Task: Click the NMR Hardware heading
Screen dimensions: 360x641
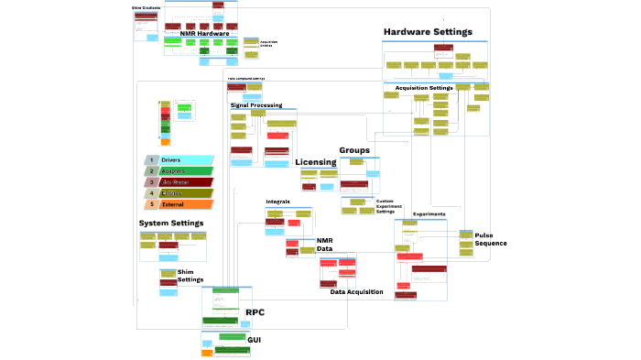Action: (204, 34)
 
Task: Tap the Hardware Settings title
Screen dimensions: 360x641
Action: (428, 32)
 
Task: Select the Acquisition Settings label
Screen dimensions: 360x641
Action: (424, 88)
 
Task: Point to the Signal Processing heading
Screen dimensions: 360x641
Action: (256, 105)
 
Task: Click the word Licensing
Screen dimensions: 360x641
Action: (316, 162)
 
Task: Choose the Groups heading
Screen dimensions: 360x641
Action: (354, 150)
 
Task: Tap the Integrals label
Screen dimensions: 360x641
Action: (277, 202)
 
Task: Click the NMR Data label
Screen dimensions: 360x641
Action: (325, 245)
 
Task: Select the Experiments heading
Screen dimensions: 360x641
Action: (429, 214)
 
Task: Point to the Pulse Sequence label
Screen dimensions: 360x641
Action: (490, 239)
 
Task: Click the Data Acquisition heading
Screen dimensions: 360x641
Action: (356, 291)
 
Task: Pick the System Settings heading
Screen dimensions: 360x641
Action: (171, 223)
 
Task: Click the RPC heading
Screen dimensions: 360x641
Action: (255, 312)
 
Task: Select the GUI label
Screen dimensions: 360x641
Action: (255, 340)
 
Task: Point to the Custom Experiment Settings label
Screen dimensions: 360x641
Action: (390, 206)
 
